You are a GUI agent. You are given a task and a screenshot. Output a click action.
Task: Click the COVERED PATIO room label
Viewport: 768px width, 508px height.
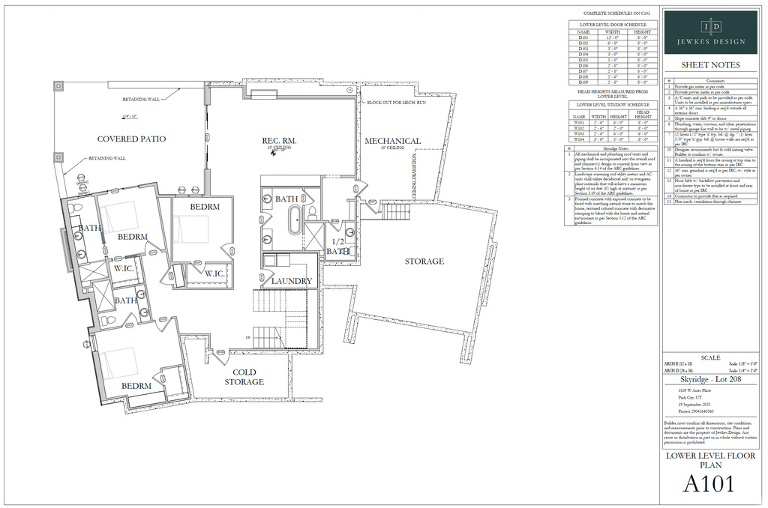point(131,139)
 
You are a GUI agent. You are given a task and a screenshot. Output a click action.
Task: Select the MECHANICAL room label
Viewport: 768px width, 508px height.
point(392,141)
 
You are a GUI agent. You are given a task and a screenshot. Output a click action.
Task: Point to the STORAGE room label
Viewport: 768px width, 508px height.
point(424,261)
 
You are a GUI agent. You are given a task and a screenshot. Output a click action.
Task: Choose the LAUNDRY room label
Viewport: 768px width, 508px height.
point(292,281)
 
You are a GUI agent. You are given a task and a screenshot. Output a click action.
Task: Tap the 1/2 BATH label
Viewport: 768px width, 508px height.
point(337,247)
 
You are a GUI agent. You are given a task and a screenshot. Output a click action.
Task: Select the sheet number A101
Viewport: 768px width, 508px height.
point(709,484)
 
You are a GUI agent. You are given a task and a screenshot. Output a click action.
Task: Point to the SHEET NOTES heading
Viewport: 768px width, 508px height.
point(709,65)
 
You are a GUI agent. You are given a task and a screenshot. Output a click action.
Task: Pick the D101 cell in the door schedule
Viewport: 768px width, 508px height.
point(583,37)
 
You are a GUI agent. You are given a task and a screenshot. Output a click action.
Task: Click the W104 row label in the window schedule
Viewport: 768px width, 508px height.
point(579,139)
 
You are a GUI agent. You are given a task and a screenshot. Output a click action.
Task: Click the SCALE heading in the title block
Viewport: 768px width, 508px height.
point(709,357)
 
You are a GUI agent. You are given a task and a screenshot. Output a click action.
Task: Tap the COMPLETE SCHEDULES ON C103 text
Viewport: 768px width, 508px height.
point(612,13)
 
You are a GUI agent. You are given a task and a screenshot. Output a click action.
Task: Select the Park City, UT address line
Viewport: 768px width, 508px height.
point(688,397)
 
